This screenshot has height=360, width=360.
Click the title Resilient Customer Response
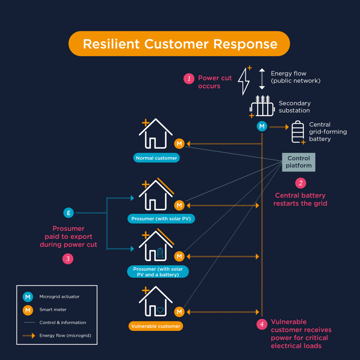180,45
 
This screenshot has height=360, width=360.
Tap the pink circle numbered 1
188,79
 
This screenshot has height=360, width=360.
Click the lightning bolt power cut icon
245,80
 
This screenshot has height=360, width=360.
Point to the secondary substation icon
262,105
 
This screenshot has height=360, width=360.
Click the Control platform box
300,161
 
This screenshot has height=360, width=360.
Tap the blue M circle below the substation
262,127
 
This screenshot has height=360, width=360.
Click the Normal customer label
157,158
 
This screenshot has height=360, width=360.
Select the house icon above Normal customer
156,136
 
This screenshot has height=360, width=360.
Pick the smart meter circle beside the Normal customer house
179,144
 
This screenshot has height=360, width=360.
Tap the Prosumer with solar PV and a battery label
158,271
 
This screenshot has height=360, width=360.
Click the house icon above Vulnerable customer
157,303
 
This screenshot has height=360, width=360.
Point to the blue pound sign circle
68,213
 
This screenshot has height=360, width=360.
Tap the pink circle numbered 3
68,258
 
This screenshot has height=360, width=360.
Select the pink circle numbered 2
300,182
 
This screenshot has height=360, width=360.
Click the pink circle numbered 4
262,324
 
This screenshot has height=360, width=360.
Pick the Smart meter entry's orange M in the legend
29,310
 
